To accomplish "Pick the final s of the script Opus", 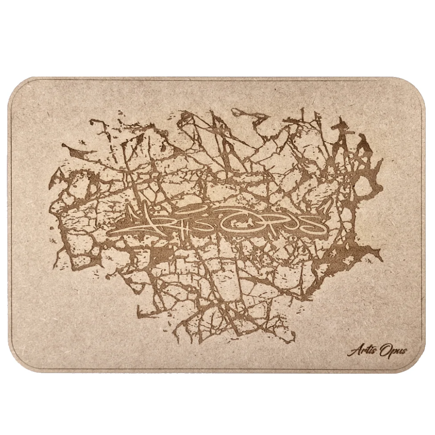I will pyautogui.click(x=403, y=351).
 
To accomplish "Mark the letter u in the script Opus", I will pyautogui.click(x=397, y=351).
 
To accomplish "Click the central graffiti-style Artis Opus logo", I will pyautogui.click(x=217, y=222).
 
